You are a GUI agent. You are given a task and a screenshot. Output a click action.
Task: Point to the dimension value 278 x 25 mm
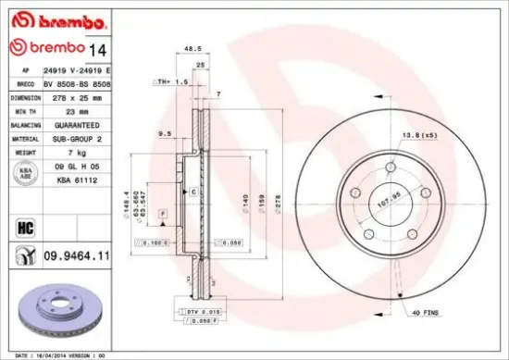click(x=68, y=96)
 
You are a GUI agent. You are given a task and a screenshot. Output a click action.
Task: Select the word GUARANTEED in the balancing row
click(x=69, y=125)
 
